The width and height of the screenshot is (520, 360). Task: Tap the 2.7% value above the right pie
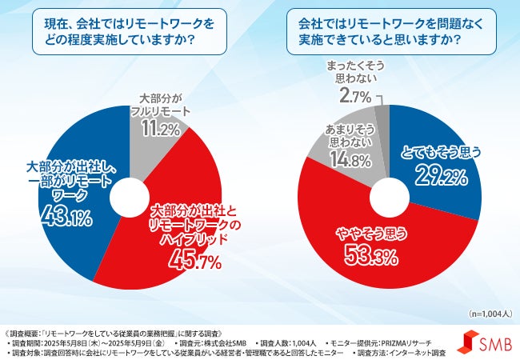355,98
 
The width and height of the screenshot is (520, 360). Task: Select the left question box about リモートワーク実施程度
127,32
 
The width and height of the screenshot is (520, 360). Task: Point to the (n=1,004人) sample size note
483,315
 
